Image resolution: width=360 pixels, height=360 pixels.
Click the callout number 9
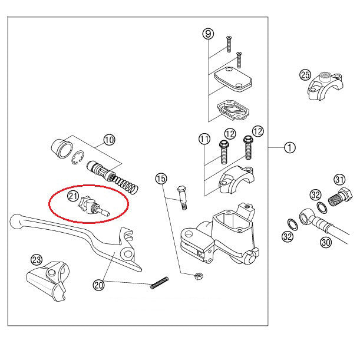pyautogui.click(x=207, y=34)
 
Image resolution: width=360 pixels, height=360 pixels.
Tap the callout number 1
pyautogui.click(x=289, y=148)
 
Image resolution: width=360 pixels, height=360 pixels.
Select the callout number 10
pyautogui.click(x=109, y=140)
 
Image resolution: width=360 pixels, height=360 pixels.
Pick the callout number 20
pyautogui.click(x=98, y=285)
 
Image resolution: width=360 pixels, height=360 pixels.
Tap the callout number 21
pyautogui.click(x=73, y=196)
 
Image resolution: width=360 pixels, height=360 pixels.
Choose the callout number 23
pyautogui.click(x=36, y=260)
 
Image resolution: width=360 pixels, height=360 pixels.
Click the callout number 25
pyautogui.click(x=305, y=74)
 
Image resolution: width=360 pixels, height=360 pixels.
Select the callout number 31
pyautogui.click(x=339, y=179)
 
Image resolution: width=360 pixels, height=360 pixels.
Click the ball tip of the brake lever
pyautogui.click(x=16, y=222)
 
